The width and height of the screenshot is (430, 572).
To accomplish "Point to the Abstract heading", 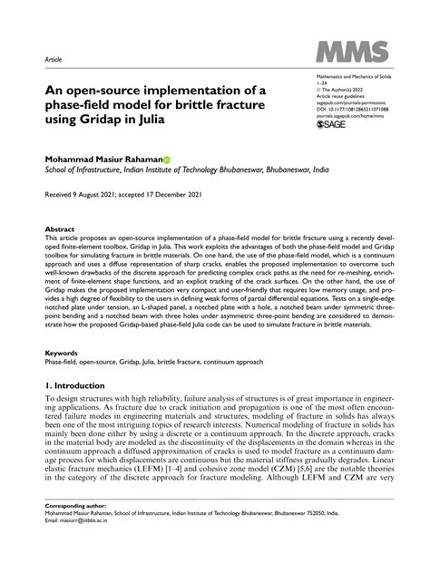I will (60, 230).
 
